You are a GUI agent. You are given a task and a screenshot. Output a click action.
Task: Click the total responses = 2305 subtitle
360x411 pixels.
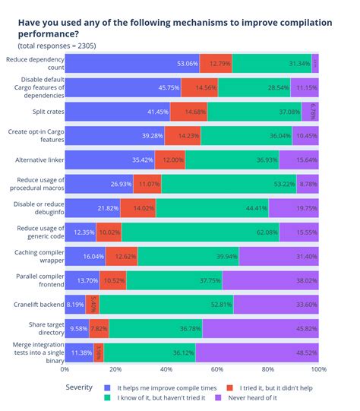[x=57, y=46]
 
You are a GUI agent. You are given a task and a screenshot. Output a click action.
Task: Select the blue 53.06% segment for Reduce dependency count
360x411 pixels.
[x=132, y=63]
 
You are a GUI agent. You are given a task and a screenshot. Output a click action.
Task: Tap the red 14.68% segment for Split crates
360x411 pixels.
[x=188, y=112]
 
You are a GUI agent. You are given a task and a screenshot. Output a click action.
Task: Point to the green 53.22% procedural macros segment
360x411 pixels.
[x=228, y=184]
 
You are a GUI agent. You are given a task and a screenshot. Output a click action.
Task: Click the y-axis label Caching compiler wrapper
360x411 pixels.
[x=36, y=255]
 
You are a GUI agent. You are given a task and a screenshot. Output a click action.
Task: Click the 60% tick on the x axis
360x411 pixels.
[x=216, y=369]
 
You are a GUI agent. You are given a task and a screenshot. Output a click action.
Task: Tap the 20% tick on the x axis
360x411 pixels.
[x=115, y=369]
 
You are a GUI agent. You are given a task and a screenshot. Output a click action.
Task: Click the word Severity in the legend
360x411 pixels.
[x=79, y=387]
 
